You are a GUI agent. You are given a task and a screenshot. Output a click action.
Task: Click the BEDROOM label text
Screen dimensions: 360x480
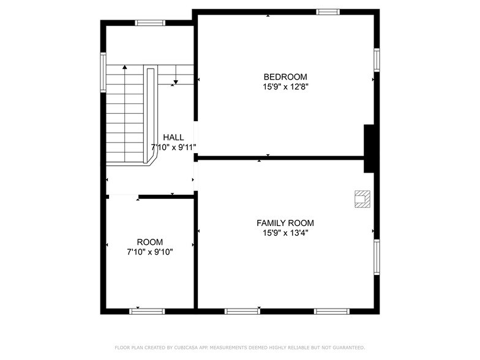point(285,77)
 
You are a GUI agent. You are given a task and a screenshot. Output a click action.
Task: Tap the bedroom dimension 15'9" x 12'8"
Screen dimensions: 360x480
point(285,87)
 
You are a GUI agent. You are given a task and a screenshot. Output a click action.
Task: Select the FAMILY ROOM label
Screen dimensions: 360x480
point(285,223)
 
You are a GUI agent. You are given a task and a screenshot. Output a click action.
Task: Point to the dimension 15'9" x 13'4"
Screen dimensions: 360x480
point(285,233)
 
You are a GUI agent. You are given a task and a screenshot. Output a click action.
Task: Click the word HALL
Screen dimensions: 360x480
point(173,137)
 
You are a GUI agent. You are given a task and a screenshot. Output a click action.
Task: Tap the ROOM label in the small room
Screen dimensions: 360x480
point(149,242)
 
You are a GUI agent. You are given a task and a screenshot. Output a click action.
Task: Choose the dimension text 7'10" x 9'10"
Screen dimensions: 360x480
point(149,252)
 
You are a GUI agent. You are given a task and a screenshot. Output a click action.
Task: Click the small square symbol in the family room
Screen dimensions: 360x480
point(362,198)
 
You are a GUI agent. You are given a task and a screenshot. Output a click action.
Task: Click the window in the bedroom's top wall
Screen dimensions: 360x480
point(328,11)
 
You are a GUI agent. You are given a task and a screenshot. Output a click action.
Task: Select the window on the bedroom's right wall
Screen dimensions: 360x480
point(377,59)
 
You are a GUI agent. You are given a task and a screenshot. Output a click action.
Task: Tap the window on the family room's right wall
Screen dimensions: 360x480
point(377,258)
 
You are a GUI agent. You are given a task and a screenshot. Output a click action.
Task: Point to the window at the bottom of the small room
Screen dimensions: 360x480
point(148,311)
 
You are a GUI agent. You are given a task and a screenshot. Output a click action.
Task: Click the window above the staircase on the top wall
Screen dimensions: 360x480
point(150,23)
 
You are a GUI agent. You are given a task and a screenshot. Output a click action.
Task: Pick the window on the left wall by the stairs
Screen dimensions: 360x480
point(103,73)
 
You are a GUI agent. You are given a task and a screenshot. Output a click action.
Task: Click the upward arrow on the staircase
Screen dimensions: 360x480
point(125,68)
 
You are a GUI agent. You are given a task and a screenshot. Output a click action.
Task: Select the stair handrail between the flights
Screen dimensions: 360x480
point(149,116)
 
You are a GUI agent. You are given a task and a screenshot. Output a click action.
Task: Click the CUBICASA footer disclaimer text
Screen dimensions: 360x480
point(239,347)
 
